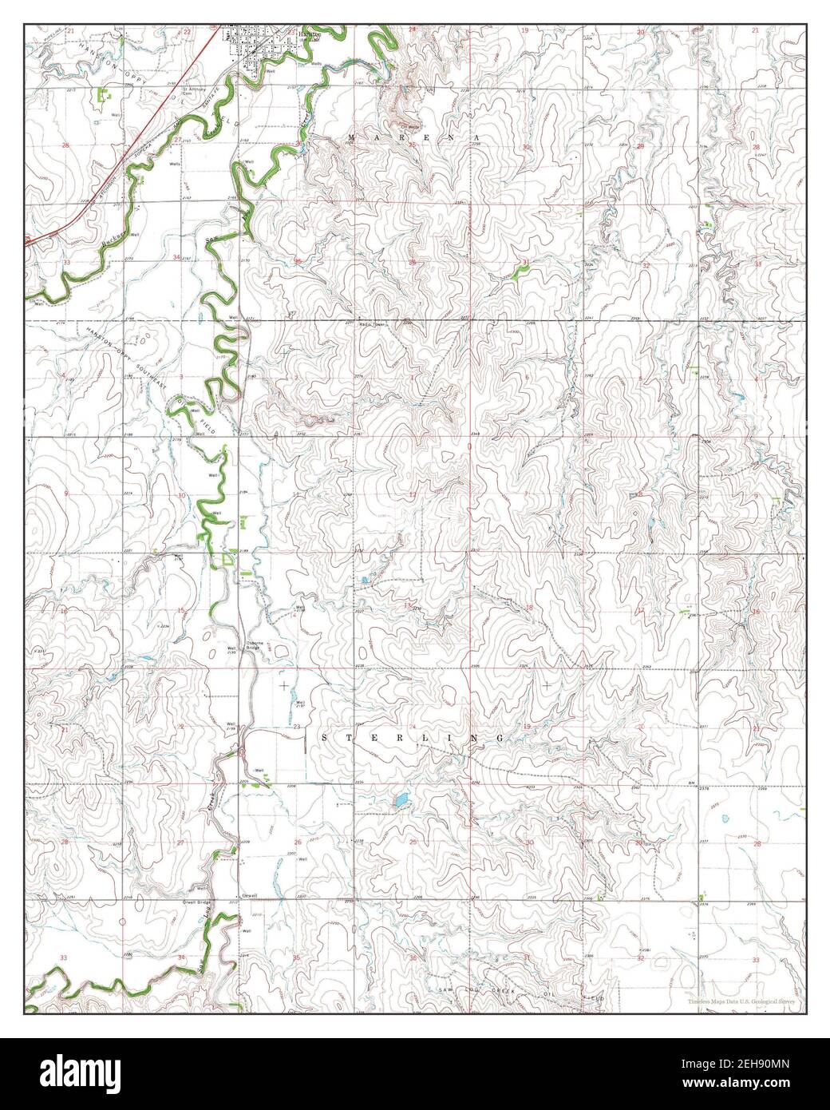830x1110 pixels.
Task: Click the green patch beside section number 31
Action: click(x=519, y=272)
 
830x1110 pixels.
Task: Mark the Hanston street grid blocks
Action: click(x=254, y=49)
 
